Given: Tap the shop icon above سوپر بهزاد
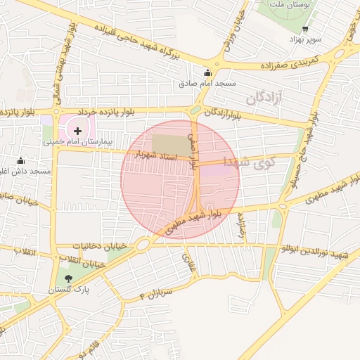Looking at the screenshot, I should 305,29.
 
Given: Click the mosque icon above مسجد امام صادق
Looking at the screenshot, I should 207,72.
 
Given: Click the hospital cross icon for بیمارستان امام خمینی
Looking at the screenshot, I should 77,131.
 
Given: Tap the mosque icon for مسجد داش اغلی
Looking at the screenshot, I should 20,160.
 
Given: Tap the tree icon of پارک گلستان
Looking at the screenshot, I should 68,279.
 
